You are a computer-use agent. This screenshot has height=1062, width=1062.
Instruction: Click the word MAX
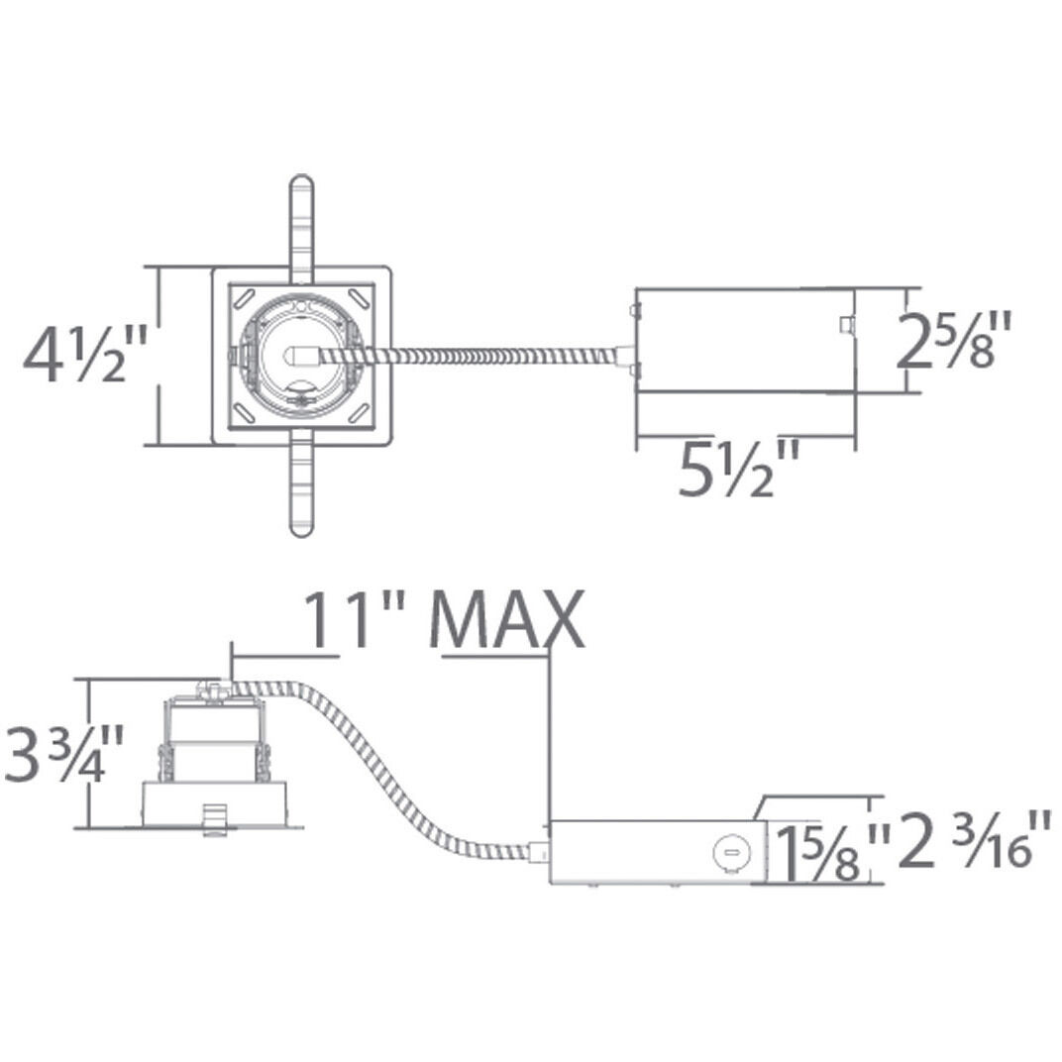point(507,621)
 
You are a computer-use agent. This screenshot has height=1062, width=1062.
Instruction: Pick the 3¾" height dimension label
point(63,754)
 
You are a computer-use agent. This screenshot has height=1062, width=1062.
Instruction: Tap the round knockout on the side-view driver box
point(729,850)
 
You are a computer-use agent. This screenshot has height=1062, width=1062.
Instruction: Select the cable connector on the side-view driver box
point(540,849)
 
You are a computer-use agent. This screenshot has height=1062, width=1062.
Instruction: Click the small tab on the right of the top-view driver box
point(844,324)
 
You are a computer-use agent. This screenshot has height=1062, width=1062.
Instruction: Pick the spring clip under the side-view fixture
point(209,818)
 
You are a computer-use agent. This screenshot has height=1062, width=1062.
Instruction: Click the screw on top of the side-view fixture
point(210,686)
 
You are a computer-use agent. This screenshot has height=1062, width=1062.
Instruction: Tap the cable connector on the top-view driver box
point(624,352)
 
